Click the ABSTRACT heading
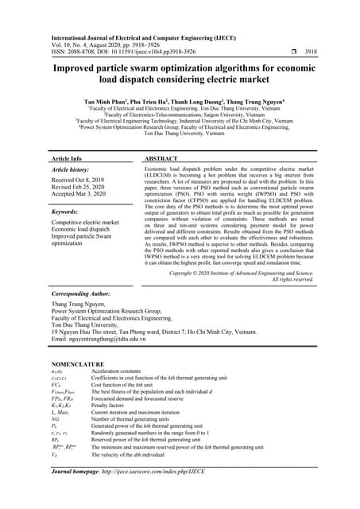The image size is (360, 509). pos(162,159)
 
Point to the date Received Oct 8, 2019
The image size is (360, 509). pos(80,181)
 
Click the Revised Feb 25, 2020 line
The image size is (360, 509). pos(80,188)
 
